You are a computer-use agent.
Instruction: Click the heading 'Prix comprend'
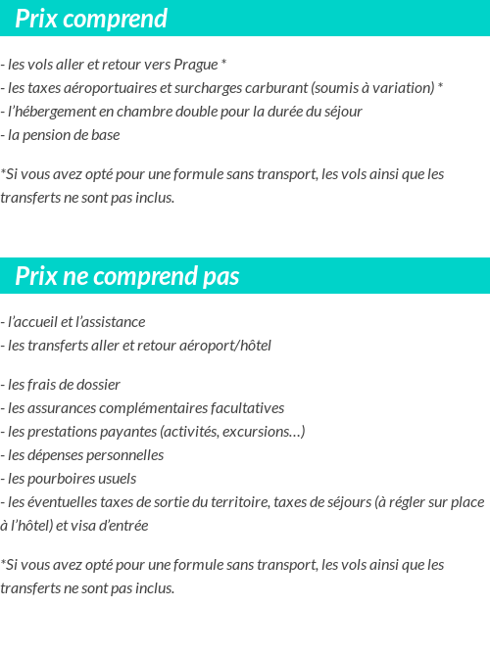coord(91,19)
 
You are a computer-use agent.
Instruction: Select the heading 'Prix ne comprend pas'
coord(127,277)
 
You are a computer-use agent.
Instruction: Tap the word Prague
coord(195,65)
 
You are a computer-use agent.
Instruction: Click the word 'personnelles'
coord(124,455)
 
